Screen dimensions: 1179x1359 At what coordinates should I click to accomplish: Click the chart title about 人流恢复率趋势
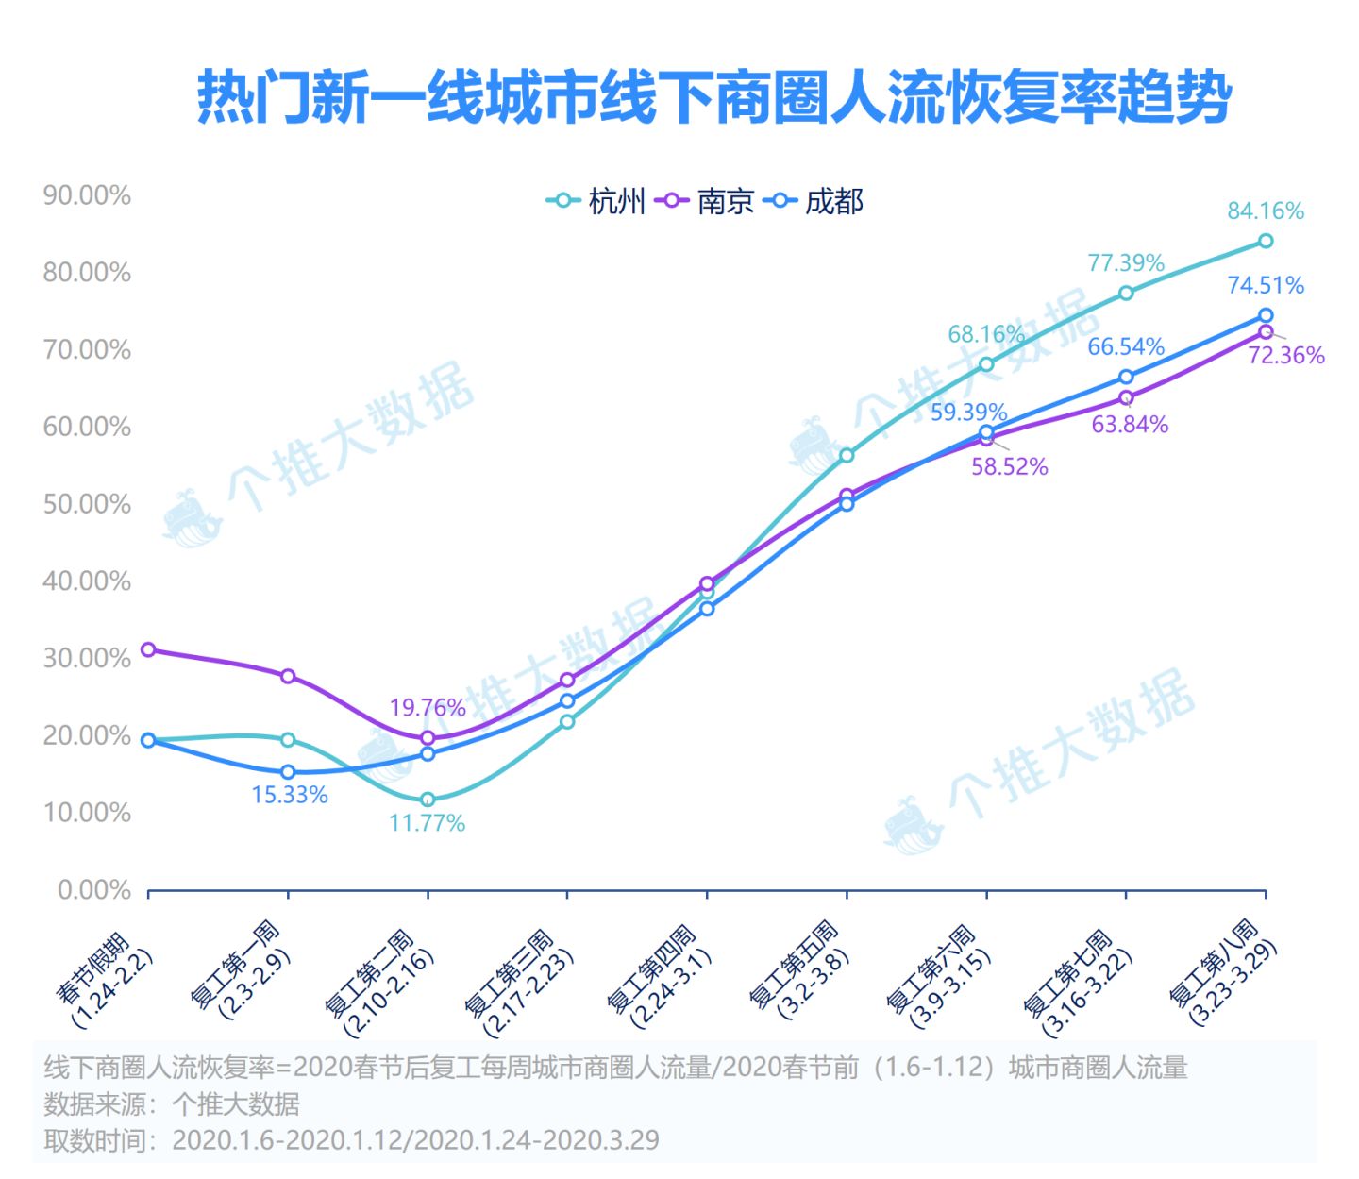pyautogui.click(x=714, y=97)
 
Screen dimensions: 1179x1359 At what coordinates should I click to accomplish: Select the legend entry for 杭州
pyautogui.click(x=596, y=201)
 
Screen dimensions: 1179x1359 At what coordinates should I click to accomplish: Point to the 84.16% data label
pyautogui.click(x=1265, y=211)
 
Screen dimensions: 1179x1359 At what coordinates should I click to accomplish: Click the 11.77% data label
pyautogui.click(x=427, y=823)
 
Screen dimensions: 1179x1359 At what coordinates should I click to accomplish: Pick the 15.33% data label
pyautogui.click(x=290, y=795)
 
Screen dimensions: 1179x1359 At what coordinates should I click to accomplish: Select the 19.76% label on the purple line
pyautogui.click(x=428, y=707)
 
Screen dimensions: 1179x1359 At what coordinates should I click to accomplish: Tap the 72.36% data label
pyautogui.click(x=1286, y=356)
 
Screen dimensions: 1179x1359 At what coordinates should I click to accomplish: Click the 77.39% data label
pyautogui.click(x=1126, y=262)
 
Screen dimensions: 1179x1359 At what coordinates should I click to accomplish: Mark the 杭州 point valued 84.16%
pyautogui.click(x=1266, y=242)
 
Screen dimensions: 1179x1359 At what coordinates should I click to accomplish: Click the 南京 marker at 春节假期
pyautogui.click(x=148, y=649)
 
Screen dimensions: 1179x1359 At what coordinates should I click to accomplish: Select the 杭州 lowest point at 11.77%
pyautogui.click(x=428, y=800)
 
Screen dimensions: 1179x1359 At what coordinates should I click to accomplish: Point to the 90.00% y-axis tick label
pyautogui.click(x=87, y=195)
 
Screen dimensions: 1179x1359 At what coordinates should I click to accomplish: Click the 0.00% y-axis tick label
pyautogui.click(x=94, y=890)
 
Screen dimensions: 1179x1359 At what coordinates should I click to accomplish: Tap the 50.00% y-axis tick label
pyautogui.click(x=87, y=504)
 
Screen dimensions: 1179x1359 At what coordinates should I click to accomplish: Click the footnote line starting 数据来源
pyautogui.click(x=172, y=1103)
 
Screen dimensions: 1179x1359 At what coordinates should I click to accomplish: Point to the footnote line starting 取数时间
pyautogui.click(x=351, y=1140)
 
